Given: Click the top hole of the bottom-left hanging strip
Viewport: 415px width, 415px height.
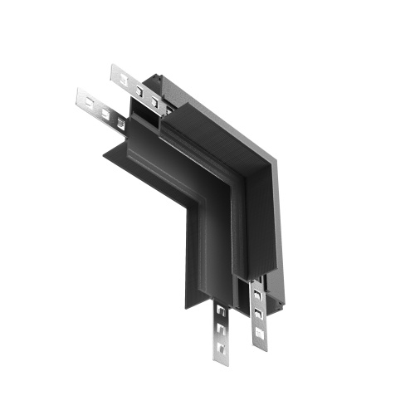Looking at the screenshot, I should [222, 311].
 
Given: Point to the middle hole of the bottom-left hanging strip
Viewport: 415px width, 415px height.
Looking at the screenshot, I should [222, 329].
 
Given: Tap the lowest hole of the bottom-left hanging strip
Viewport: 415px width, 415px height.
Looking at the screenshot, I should [222, 347].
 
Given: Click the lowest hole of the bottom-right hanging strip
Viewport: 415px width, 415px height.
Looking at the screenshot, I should [260, 333].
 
